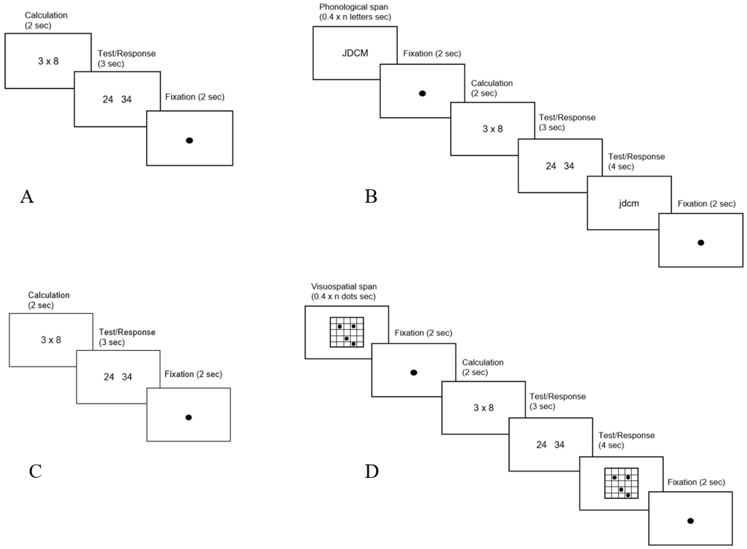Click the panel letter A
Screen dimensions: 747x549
pos(27,197)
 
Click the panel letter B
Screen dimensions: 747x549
pos(371,196)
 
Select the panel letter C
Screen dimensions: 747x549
pos(35,471)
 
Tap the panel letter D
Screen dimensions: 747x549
pos(372,471)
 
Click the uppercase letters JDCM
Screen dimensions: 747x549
pos(355,53)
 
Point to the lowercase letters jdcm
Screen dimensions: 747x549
pos(629,203)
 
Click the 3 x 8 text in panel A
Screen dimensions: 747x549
pos(48,61)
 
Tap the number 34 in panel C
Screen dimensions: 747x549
pos(127,377)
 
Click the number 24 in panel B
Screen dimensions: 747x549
pos(551,166)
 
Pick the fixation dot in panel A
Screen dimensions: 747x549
pos(189,141)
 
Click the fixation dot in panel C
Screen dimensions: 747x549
pos(188,418)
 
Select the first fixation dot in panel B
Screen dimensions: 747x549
pos(422,93)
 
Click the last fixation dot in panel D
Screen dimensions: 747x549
pos(690,521)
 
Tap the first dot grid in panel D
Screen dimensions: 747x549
pos(347,332)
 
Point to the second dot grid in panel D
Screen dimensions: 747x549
pos(621,483)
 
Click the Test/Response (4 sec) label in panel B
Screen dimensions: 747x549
pos(636,162)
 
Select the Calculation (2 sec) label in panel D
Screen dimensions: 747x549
pos(483,367)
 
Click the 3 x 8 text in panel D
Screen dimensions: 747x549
pos(483,408)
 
